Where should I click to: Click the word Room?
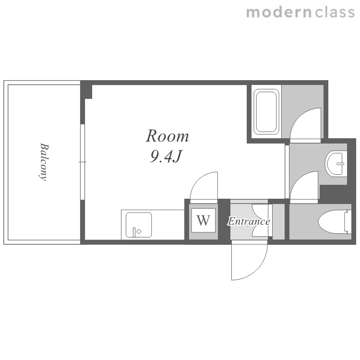tap(168, 136)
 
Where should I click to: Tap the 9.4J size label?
tap(166, 156)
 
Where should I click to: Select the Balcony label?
tap(44, 162)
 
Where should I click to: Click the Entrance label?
tap(249, 221)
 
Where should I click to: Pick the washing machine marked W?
tap(204, 220)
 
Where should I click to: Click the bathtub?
tap(266, 112)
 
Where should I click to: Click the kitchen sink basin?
tap(139, 225)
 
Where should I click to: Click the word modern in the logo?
tap(279, 12)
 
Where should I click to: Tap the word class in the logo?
tap(335, 12)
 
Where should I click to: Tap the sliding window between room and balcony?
tap(83, 162)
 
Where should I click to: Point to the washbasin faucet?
tap(340, 164)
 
